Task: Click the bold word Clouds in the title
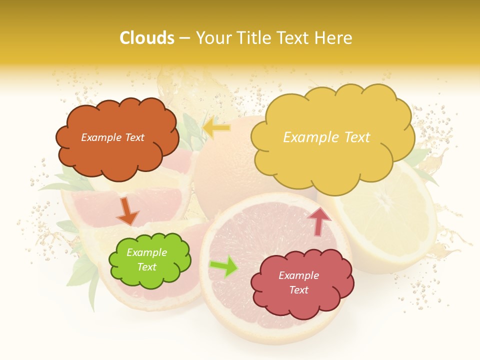[x=146, y=37]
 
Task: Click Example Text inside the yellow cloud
[x=326, y=137]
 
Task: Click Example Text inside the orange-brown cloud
[x=112, y=137]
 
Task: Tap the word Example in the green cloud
[x=146, y=252]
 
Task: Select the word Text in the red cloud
[x=298, y=290]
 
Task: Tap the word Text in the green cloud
[x=146, y=267]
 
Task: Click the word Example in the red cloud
[x=298, y=275]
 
